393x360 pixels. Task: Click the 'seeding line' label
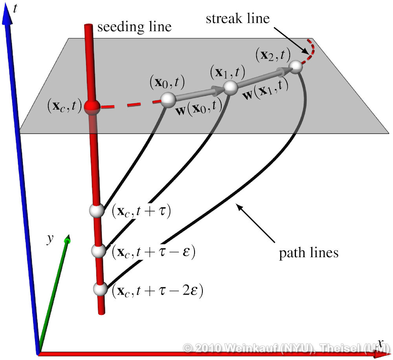[x=134, y=27]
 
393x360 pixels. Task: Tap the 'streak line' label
[x=238, y=18]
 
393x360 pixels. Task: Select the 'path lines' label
[x=309, y=253]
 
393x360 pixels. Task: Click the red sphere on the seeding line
[x=91, y=107]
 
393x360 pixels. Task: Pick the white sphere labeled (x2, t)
[x=297, y=67]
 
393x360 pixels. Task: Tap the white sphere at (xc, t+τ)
[x=96, y=210]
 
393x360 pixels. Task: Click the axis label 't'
[x=15, y=9]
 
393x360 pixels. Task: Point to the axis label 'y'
[x=50, y=239]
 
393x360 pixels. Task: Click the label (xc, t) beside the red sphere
[x=63, y=106]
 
